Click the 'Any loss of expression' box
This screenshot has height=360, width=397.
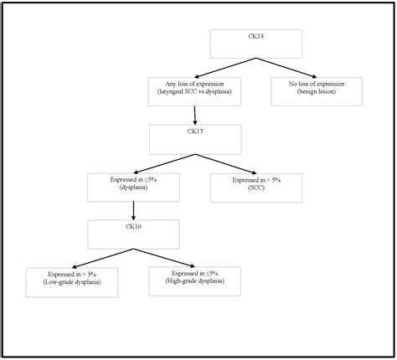pyautogui.click(x=195, y=90)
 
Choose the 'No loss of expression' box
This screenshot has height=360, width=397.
pyautogui.click(x=317, y=90)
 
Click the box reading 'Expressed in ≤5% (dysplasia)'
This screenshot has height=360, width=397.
pyautogui.click(x=134, y=184)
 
